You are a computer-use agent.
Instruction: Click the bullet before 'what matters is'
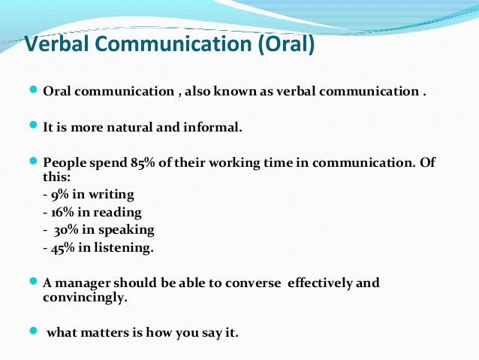coord(32,330)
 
